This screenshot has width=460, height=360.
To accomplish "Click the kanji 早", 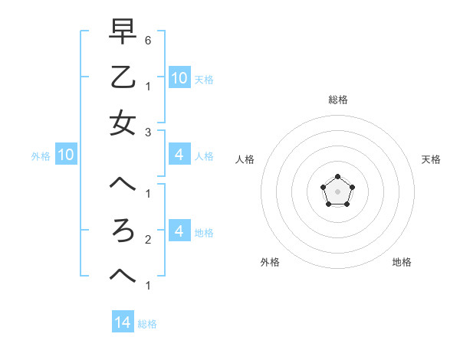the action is (123, 32).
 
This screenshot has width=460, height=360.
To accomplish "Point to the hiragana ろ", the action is (123, 231).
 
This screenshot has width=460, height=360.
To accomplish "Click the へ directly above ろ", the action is (123, 186).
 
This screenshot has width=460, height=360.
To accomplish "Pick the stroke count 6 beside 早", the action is (148, 40).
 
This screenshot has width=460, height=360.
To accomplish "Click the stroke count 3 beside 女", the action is (148, 132).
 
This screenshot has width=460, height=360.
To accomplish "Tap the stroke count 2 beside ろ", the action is (148, 240).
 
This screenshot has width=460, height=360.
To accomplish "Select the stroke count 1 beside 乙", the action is (148, 86).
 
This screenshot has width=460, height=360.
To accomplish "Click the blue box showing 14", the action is (123, 323).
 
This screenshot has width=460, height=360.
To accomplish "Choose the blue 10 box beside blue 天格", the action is (179, 77).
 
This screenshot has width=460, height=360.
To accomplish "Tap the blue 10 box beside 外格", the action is (65, 155).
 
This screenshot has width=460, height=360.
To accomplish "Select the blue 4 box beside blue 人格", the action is (179, 155).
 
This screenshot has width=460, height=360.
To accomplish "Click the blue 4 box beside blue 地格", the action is (179, 231).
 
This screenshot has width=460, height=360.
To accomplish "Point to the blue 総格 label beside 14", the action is (147, 324).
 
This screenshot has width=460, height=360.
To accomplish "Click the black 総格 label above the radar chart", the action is (337, 100).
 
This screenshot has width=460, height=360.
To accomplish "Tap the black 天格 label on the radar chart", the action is (431, 159).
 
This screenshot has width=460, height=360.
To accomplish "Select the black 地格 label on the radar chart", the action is (402, 262).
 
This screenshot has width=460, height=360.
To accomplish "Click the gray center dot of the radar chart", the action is (337, 191).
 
